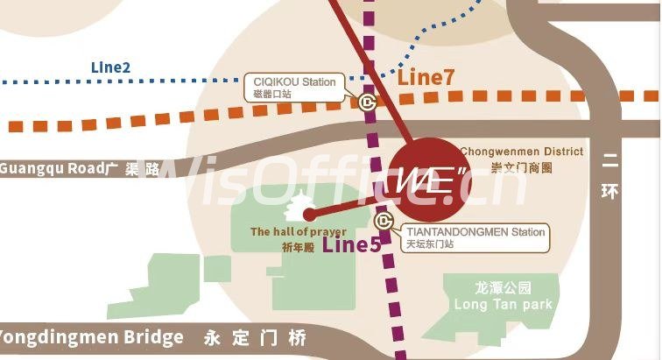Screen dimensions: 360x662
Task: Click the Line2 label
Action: (x=110, y=67)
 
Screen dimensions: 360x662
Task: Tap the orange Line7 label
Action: (x=426, y=77)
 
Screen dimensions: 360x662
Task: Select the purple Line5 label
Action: (x=351, y=244)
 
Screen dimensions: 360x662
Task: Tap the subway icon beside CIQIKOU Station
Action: (x=366, y=101)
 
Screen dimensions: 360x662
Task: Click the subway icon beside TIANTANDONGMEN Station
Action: (x=383, y=221)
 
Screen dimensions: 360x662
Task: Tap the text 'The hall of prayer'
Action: (x=292, y=232)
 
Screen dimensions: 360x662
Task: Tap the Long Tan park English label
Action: (x=503, y=304)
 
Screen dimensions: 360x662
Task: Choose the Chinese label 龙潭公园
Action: (x=503, y=287)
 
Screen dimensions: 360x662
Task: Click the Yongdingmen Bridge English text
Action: (x=92, y=337)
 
